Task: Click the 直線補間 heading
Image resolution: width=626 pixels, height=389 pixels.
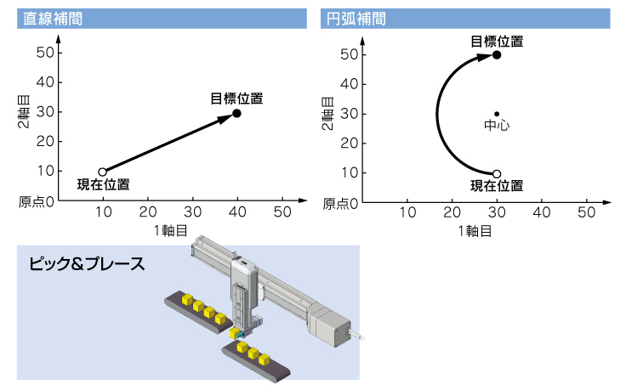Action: point(53,19)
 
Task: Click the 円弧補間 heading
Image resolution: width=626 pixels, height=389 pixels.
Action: point(356,19)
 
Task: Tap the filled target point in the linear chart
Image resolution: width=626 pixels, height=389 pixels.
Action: point(236,114)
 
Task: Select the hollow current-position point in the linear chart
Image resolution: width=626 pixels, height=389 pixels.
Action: point(103,172)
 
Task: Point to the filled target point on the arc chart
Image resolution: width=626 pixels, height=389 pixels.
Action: point(497,55)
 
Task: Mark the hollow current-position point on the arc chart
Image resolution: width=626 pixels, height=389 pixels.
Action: point(497,174)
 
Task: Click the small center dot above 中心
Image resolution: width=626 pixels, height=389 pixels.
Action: point(497,114)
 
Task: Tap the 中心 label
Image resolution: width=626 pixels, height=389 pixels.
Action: point(497,125)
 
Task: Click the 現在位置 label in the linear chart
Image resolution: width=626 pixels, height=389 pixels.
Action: point(104,184)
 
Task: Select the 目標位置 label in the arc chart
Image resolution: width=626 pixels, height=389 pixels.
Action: point(497,42)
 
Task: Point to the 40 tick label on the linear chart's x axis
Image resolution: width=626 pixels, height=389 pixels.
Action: point(237,212)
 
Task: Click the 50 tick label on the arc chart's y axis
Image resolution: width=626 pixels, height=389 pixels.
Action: point(349,54)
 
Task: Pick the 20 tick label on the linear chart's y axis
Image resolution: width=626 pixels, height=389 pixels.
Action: point(45,142)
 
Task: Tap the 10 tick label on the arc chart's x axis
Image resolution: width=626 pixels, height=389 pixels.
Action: point(407,213)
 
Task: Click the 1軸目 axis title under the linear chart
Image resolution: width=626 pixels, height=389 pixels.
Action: point(171,230)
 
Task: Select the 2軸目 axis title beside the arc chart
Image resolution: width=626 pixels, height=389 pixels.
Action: point(327,114)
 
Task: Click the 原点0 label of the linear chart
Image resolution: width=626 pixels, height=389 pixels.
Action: point(36,202)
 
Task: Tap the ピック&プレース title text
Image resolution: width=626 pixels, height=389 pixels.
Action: point(87,264)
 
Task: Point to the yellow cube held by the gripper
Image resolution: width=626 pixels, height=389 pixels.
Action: point(235,333)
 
